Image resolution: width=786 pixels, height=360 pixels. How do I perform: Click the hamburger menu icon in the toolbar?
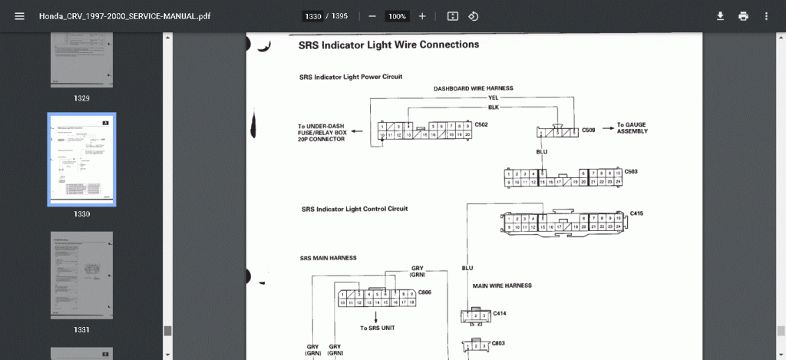tap(19, 16)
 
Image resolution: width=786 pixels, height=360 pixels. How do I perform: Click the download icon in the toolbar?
tap(720, 16)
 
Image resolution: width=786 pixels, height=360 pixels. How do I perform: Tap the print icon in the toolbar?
tap(743, 16)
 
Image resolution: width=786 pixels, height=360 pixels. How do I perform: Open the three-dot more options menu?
tap(766, 16)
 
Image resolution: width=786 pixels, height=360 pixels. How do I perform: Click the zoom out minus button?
tap(372, 16)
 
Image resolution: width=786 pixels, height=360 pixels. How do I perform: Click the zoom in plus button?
tap(422, 16)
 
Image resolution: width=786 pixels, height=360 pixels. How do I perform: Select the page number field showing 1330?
tap(312, 16)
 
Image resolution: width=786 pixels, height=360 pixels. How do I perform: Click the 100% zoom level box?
tap(397, 16)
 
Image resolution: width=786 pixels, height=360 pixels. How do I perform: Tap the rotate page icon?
tap(474, 16)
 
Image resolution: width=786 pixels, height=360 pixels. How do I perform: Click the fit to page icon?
tap(453, 16)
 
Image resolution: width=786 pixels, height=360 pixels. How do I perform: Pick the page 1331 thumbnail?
tap(81, 276)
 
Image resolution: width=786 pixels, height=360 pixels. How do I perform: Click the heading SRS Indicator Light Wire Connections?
tap(388, 45)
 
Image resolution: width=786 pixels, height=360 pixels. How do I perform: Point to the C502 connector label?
tap(482, 124)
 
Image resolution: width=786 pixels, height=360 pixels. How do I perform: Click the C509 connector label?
tap(589, 130)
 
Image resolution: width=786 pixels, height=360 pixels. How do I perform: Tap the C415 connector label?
tap(636, 213)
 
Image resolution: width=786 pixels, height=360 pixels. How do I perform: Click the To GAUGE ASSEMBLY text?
tap(632, 127)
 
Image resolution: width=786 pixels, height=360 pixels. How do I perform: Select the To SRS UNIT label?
tap(375, 328)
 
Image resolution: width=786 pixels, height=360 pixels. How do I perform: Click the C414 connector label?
tap(500, 313)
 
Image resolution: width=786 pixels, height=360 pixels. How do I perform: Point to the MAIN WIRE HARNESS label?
tap(502, 286)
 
